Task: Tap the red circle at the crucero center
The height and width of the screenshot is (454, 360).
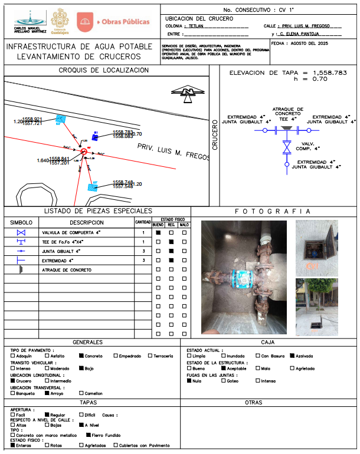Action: (84, 152)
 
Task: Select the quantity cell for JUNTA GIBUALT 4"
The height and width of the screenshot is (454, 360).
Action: (143, 251)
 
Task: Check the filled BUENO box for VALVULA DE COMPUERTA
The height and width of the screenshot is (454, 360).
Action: (158, 233)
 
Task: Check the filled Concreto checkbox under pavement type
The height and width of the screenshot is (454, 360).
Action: (81, 356)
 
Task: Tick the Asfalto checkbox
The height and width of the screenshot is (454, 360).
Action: (47, 356)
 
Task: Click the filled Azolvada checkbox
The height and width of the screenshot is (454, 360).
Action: (292, 356)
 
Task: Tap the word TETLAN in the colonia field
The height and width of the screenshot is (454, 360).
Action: (197, 27)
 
